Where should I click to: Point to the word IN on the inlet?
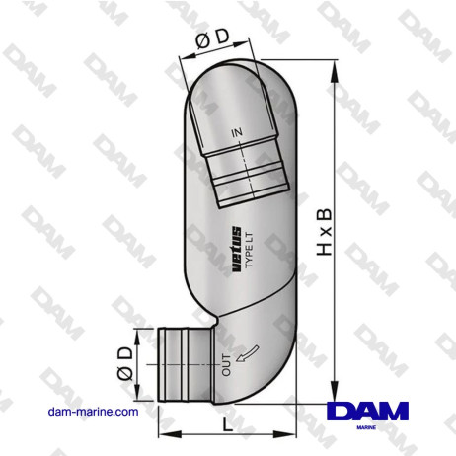click(x=237, y=131)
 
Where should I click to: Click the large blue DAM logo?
click(x=372, y=412)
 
